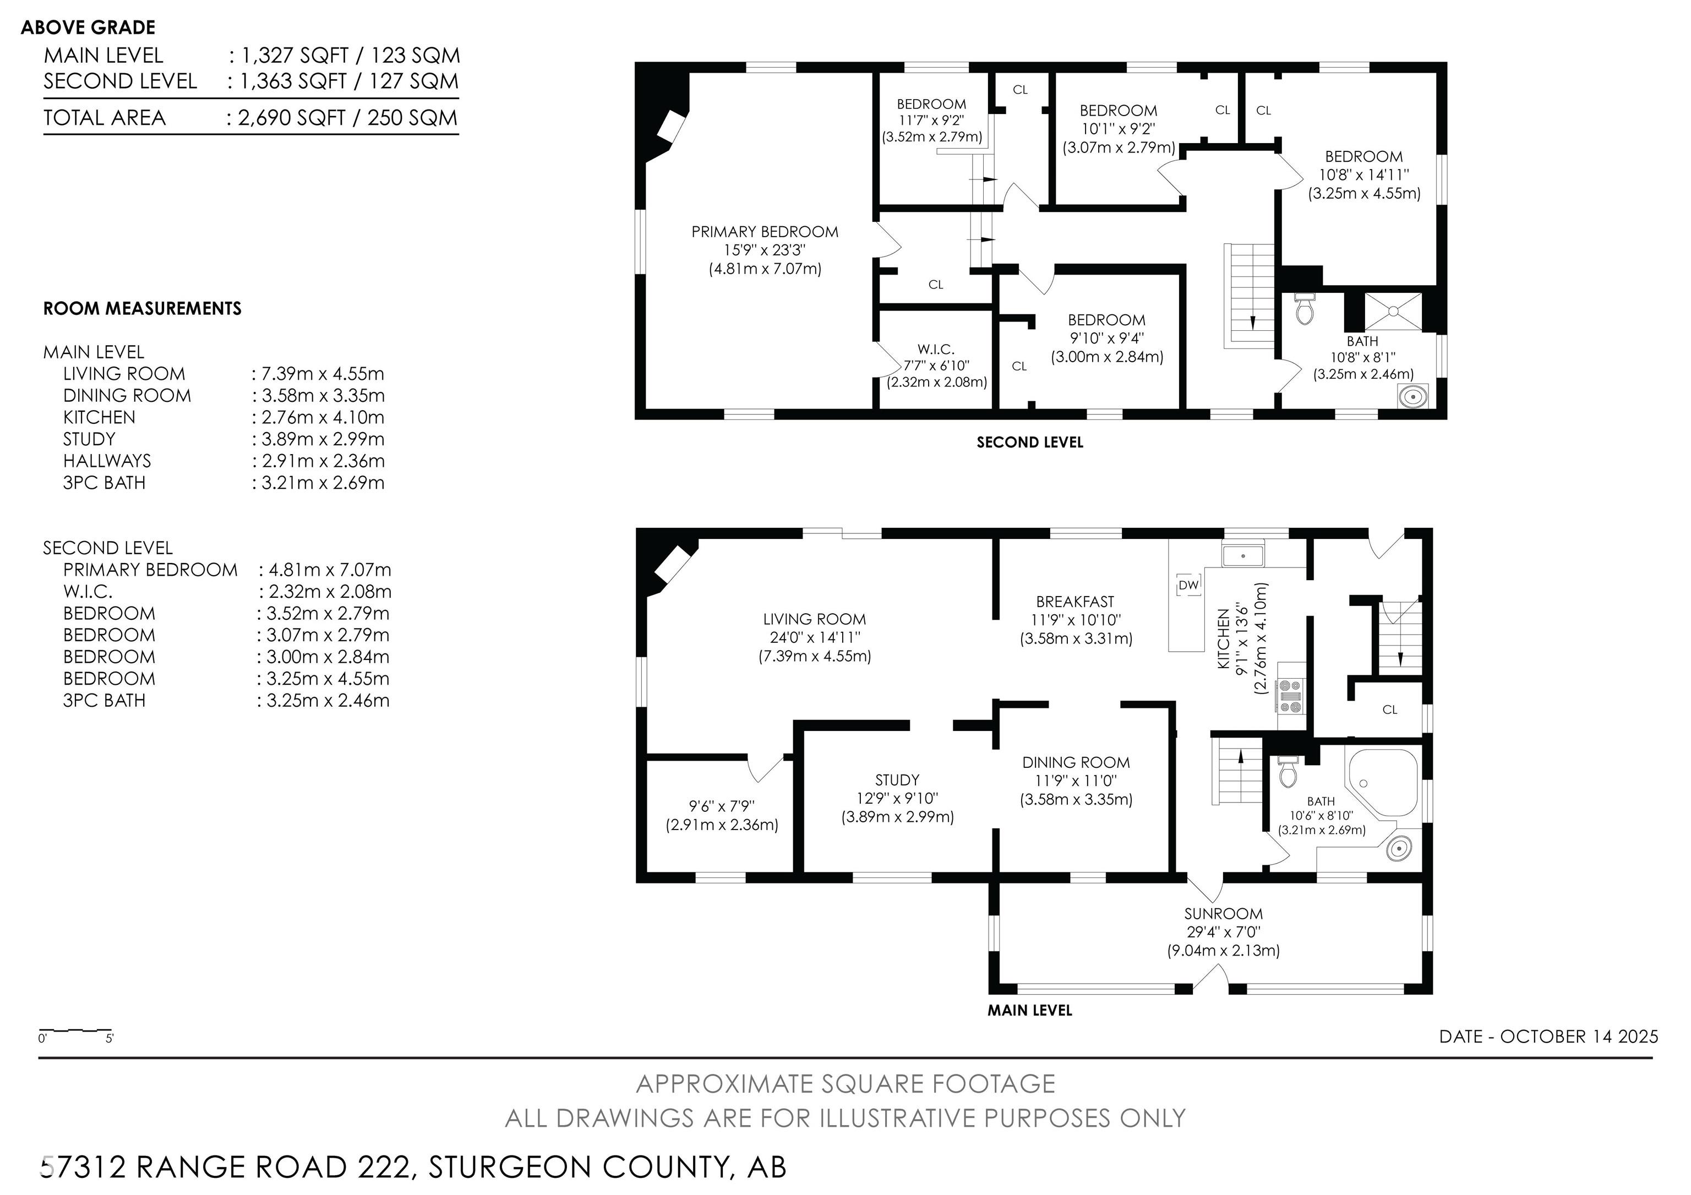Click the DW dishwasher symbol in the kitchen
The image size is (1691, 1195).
pyautogui.click(x=1188, y=585)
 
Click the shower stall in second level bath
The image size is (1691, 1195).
pyautogui.click(x=1393, y=312)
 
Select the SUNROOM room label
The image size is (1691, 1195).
pyautogui.click(x=1223, y=913)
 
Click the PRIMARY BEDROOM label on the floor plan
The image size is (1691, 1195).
pyautogui.click(x=765, y=232)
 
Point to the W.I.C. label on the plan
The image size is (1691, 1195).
pyautogui.click(x=936, y=349)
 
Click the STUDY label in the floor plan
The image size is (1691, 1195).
pyautogui.click(x=897, y=780)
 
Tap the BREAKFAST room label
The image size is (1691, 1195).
pyautogui.click(x=1075, y=602)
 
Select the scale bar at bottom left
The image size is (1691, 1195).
pyautogui.click(x=75, y=1030)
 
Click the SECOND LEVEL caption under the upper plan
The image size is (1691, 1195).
pyautogui.click(x=1029, y=443)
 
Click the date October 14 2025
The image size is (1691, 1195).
pyautogui.click(x=1579, y=1036)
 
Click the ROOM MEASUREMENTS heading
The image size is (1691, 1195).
pyautogui.click(x=142, y=308)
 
